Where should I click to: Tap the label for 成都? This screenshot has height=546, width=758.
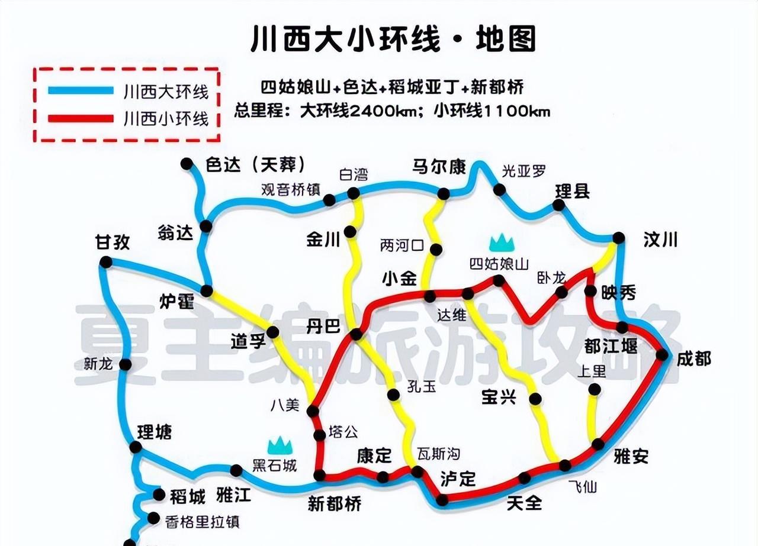point(694,358)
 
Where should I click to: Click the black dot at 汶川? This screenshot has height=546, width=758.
point(618,238)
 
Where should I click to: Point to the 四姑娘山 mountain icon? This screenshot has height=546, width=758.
point(501,242)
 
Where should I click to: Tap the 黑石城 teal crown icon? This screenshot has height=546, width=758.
point(280,446)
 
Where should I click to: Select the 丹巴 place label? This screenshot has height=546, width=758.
point(323,326)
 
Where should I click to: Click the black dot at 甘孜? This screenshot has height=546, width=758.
point(106,262)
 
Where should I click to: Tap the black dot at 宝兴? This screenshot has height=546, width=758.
point(535,399)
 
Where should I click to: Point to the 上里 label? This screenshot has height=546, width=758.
point(592,371)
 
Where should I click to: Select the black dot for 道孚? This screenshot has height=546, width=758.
point(272,332)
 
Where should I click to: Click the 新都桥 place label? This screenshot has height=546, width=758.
point(335,503)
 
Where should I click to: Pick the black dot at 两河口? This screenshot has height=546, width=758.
point(436,250)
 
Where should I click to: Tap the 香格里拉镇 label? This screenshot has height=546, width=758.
point(202,522)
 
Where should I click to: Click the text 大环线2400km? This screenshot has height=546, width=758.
point(360,111)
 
